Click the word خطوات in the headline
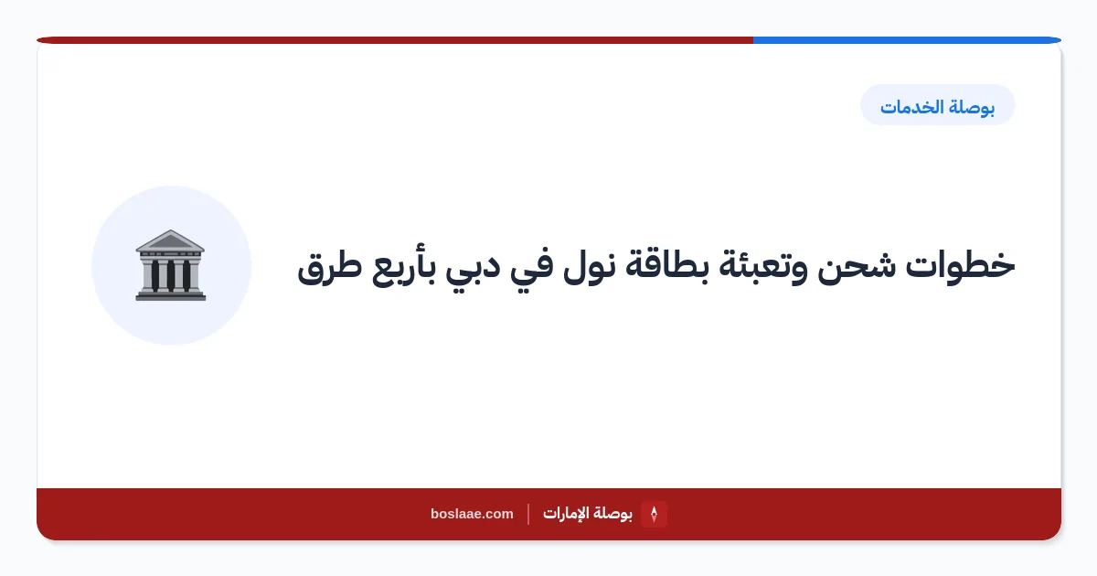pos(960,265)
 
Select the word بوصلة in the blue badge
pos(972,107)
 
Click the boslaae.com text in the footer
pos(472,514)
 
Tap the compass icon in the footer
pos(654,514)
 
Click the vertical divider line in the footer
pos(528,514)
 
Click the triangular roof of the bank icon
pos(170,240)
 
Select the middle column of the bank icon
pos(170,275)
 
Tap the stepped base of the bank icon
pos(170,295)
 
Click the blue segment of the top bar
pos(907,40)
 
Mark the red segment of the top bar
pos(395,40)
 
